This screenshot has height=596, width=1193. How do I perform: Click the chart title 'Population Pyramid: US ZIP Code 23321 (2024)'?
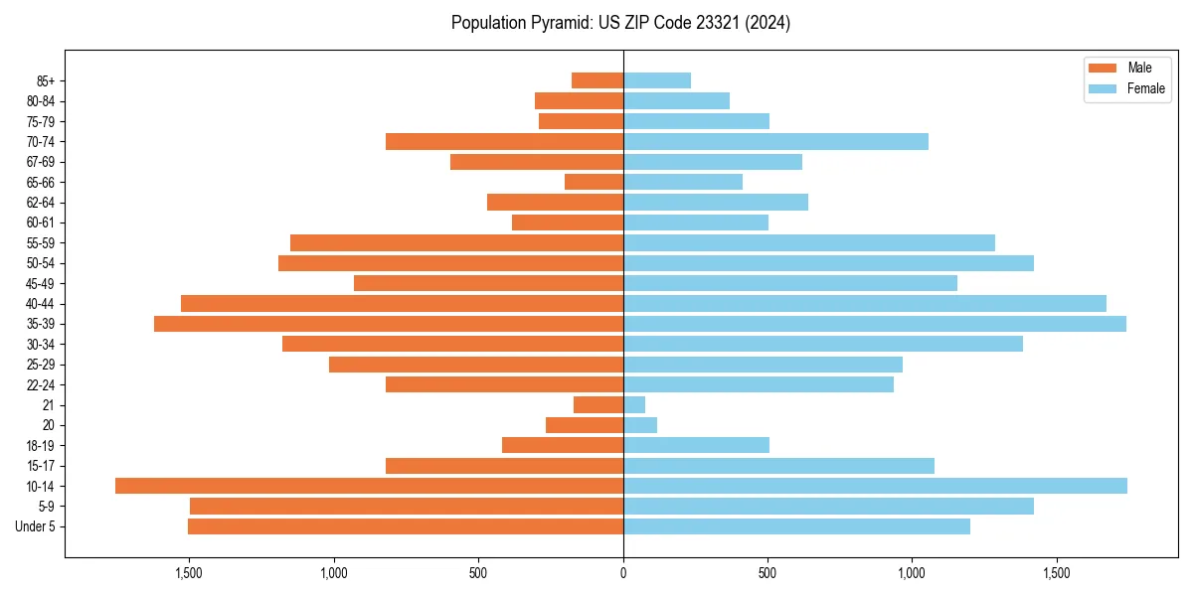(620, 23)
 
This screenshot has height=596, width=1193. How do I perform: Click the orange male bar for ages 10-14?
(369, 486)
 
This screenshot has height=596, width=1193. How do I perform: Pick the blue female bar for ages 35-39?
(874, 324)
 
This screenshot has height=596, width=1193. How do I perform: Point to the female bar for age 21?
(634, 404)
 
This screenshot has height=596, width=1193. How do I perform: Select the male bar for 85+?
(597, 80)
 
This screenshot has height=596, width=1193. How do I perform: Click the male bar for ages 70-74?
(504, 141)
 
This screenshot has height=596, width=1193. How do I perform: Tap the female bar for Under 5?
(796, 526)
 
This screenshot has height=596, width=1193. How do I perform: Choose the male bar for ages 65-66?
(594, 182)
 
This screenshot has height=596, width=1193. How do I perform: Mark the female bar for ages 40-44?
(864, 303)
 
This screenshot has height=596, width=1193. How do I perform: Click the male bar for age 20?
(585, 425)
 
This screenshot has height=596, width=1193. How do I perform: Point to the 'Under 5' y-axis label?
(36, 526)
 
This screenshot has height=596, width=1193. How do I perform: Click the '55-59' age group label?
(42, 242)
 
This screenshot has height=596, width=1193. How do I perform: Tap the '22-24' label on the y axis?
(42, 384)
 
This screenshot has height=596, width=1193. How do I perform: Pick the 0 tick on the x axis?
(623, 573)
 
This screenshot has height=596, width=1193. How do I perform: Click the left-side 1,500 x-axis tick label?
(189, 573)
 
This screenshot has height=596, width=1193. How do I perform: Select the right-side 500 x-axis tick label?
(767, 573)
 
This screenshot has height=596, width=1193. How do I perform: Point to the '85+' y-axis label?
(46, 80)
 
